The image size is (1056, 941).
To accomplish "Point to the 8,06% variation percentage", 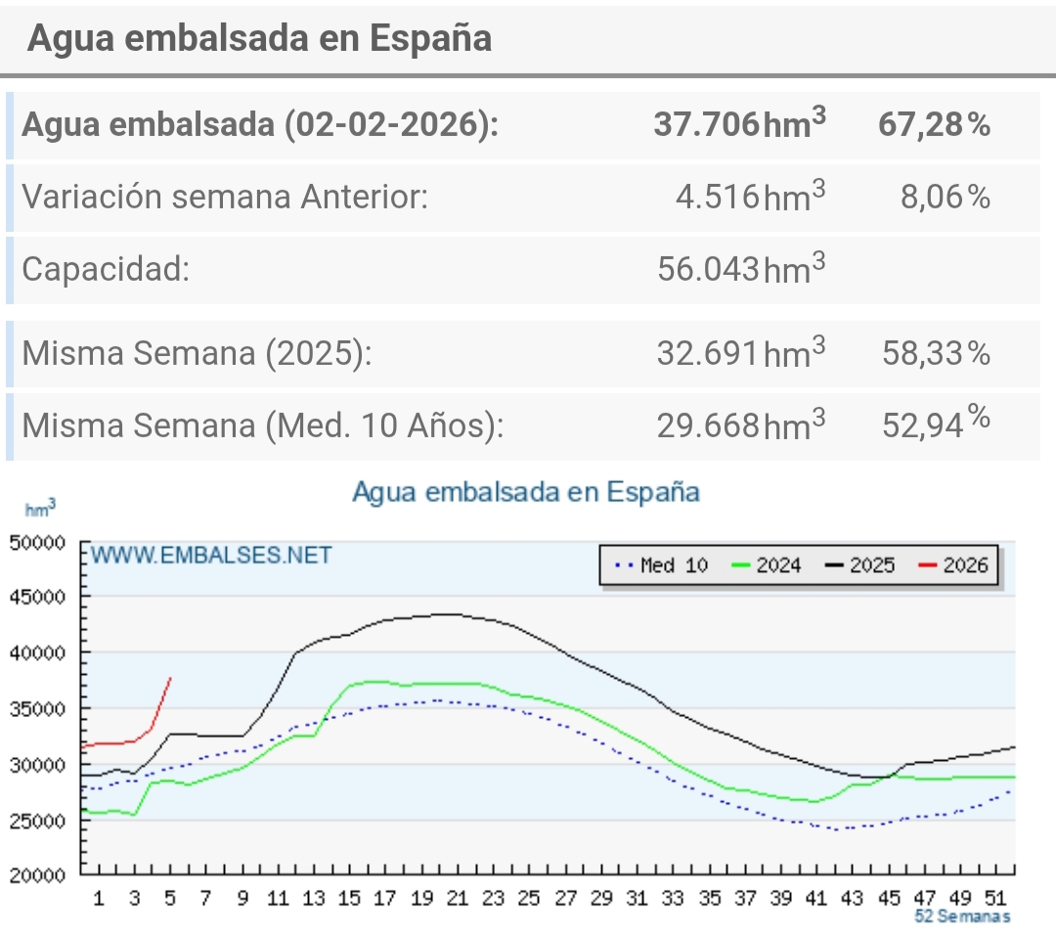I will pos(945,196).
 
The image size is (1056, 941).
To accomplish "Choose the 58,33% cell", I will pos(936,353).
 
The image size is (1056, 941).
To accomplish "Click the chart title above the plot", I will pos(526,492).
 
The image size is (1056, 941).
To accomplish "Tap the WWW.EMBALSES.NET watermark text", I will pos(212,556).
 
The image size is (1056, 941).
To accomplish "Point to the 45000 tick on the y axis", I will pos(36,597).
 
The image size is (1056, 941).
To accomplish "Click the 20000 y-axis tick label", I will pos(36,875).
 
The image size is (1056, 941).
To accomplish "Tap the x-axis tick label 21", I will pos(457,898).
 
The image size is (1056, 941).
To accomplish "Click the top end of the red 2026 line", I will pos(171,678).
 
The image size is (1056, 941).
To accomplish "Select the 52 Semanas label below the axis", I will pos(962,917).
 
